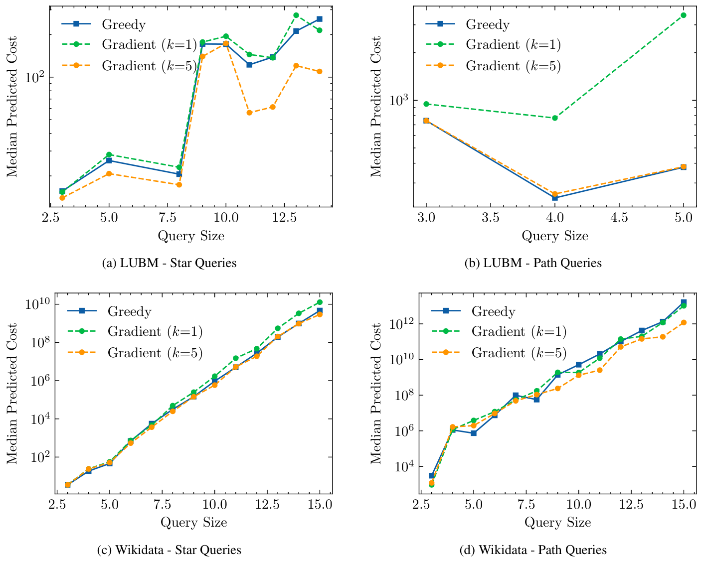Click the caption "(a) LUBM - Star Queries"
[x=169, y=263]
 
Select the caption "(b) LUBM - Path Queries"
[x=533, y=263]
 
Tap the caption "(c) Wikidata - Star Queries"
[x=169, y=550]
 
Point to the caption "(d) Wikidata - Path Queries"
[x=533, y=550]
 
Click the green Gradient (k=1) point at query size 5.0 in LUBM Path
[x=684, y=15]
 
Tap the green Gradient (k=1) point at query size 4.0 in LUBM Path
[x=555, y=118]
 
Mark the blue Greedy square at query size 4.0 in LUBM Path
[x=555, y=198]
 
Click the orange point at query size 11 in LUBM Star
[x=249, y=113]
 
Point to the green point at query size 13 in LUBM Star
[x=296, y=15]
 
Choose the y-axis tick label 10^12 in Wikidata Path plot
[x=401, y=323]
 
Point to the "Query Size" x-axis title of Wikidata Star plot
[x=193, y=523]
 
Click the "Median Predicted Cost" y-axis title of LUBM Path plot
[x=376, y=107]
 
